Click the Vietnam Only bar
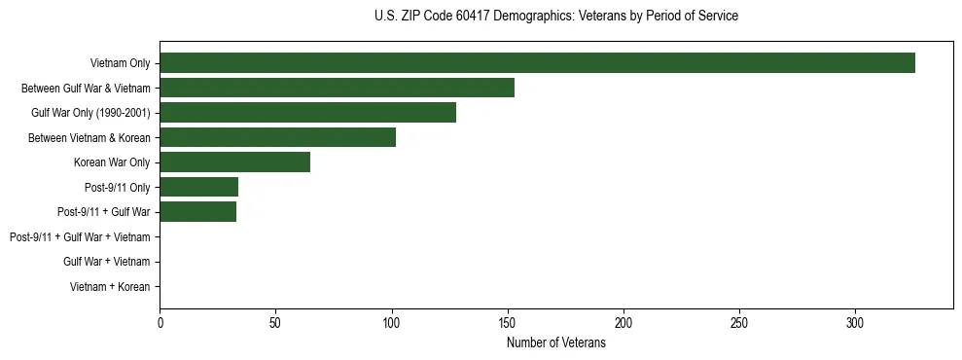pyautogui.click(x=537, y=63)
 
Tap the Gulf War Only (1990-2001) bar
pyautogui.click(x=307, y=113)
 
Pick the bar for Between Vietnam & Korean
pyautogui.click(x=277, y=137)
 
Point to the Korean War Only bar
pyautogui.click(x=234, y=162)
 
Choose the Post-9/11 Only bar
pyautogui.click(x=198, y=187)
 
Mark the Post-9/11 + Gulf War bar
pyautogui.click(x=197, y=212)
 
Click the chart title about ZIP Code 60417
pyautogui.click(x=555, y=17)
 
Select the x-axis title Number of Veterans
pyautogui.click(x=555, y=343)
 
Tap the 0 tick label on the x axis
pyautogui.click(x=160, y=322)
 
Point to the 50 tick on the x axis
pyautogui.click(x=275, y=322)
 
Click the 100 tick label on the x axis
pyautogui.click(x=391, y=322)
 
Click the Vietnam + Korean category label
pyautogui.click(x=110, y=287)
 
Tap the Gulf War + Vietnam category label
pyautogui.click(x=106, y=262)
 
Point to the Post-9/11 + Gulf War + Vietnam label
pyautogui.click(x=80, y=237)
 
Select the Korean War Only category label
pyautogui.click(x=112, y=162)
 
